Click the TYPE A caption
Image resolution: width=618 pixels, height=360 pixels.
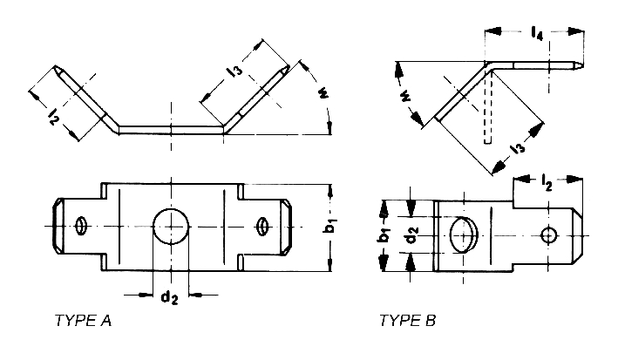point(83,320)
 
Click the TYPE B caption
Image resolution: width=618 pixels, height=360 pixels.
point(408,320)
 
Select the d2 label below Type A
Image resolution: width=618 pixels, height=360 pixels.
point(169,296)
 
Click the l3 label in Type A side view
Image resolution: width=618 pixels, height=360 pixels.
point(234,71)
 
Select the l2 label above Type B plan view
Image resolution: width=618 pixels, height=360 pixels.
point(547,182)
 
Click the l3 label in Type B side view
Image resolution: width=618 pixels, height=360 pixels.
point(518,148)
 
